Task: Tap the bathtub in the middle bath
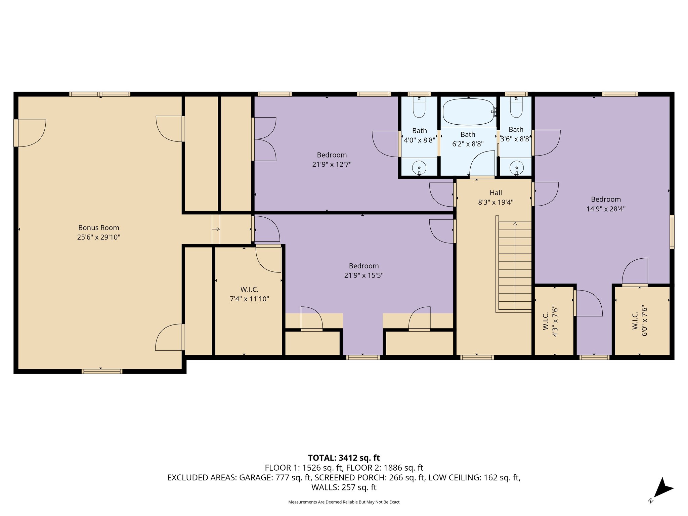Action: pyautogui.click(x=468, y=112)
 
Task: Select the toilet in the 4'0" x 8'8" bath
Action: pyautogui.click(x=419, y=107)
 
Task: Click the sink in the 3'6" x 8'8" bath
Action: pyautogui.click(x=516, y=168)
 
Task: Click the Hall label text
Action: pyautogui.click(x=496, y=193)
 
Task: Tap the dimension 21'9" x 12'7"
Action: pyautogui.click(x=332, y=165)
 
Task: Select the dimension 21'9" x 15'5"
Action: pyautogui.click(x=364, y=275)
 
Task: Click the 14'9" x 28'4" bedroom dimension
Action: pyautogui.click(x=606, y=209)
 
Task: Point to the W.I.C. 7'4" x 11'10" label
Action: pyautogui.click(x=249, y=294)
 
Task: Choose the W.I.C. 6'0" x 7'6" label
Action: pyautogui.click(x=639, y=321)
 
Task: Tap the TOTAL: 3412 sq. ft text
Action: pyautogui.click(x=344, y=458)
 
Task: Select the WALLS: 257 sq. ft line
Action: pyautogui.click(x=344, y=487)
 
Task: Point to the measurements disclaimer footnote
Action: pyautogui.click(x=344, y=502)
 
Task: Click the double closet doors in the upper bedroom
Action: pyautogui.click(x=264, y=139)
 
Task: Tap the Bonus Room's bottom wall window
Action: pyautogui.click(x=102, y=371)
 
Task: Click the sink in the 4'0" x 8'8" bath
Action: pyautogui.click(x=419, y=168)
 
